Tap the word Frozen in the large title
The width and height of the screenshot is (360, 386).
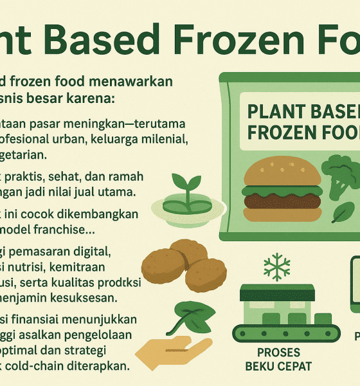click(215, 41)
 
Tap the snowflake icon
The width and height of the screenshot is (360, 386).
click(278, 265)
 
